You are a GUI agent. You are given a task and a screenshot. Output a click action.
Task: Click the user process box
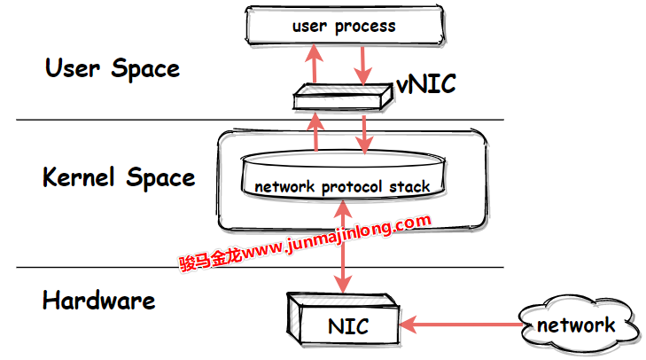coord(344,26)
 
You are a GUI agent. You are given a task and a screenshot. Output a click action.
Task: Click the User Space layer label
coord(113,68)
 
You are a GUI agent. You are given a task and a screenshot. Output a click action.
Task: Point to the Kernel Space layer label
coord(119,177)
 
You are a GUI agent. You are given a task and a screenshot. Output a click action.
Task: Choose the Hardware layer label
coord(98,300)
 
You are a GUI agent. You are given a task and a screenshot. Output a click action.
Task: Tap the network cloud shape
coord(577,325)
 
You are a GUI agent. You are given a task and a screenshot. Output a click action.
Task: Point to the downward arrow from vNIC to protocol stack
coord(362,133)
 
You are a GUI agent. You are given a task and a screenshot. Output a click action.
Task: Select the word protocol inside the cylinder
coord(350,187)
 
